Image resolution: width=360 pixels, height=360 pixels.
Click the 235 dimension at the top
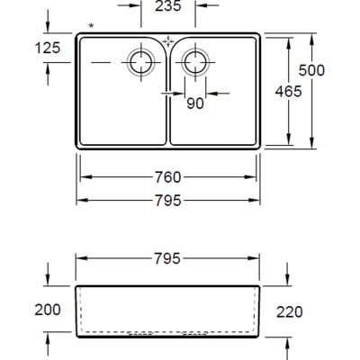coord(168,6)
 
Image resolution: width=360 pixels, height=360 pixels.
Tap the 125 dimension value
coord(48,48)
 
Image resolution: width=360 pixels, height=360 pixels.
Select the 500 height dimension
coord(311,70)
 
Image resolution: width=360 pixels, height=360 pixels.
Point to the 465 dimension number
coord(288,91)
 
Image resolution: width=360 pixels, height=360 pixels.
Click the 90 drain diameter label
coord(195,103)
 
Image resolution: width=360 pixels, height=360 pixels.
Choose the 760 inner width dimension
coord(168,177)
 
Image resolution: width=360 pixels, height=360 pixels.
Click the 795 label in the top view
coord(168,201)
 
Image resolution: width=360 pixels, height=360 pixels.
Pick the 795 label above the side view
coord(167,258)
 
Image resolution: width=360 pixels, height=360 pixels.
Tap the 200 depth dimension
coord(48,310)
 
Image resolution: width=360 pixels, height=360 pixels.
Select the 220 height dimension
coord(290,312)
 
